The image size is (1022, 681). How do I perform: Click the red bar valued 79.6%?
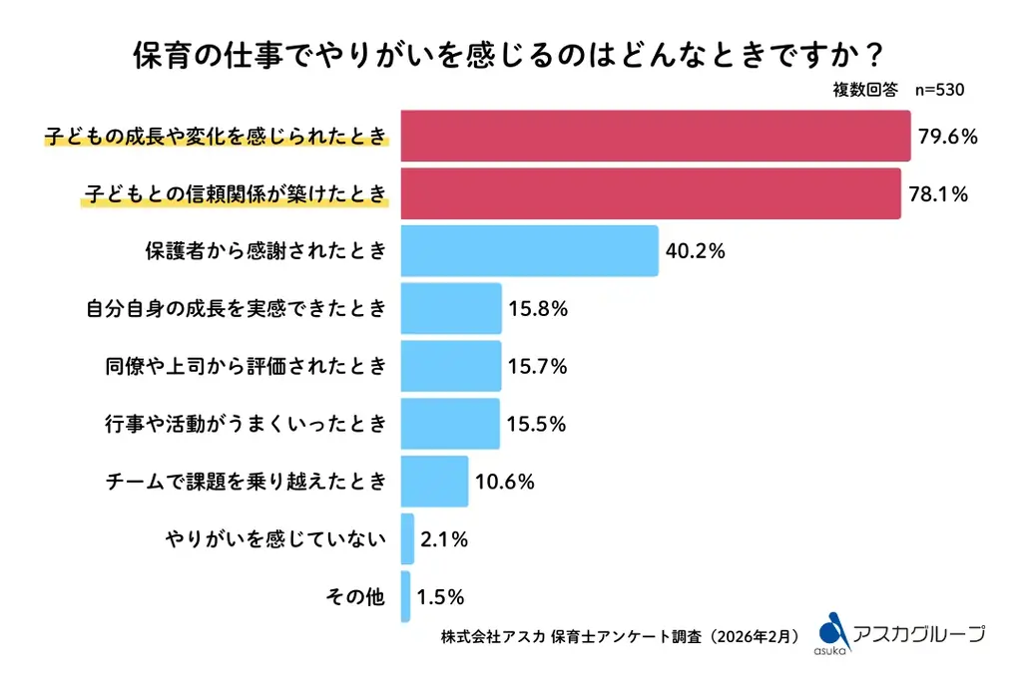(656, 137)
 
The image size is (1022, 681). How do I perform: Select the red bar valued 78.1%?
(651, 193)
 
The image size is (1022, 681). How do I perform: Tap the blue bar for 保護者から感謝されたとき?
(529, 251)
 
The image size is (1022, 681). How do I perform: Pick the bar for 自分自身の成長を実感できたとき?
(451, 309)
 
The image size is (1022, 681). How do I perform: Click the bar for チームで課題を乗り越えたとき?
(434, 482)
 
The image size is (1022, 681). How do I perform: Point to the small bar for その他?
(405, 597)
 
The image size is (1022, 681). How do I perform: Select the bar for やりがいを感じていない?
(407, 539)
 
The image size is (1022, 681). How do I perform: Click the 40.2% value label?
(695, 251)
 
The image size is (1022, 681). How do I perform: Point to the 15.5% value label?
(536, 425)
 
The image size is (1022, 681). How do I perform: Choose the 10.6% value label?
(504, 483)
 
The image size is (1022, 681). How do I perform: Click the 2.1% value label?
(444, 539)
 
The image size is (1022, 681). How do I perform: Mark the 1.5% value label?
(440, 597)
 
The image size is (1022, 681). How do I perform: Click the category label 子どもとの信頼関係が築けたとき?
(233, 193)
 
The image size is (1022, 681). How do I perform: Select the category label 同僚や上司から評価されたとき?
(245, 367)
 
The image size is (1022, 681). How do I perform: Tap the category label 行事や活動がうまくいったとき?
(245, 425)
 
